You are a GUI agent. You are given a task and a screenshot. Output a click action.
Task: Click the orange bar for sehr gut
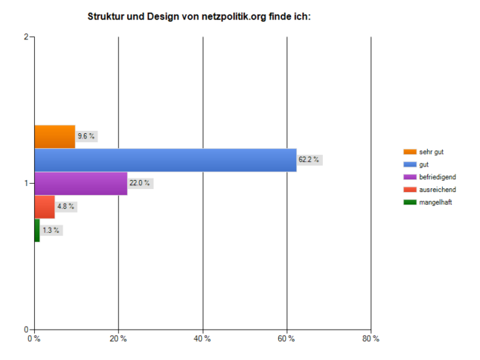point(54,137)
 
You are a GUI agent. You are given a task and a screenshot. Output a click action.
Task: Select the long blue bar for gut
point(164,160)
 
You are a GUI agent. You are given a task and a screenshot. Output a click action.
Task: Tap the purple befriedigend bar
point(80,183)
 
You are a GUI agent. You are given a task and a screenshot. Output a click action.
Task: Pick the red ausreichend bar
point(44,207)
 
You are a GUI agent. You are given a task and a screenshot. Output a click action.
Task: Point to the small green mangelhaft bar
point(36,230)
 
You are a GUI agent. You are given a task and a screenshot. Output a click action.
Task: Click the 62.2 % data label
point(309,159)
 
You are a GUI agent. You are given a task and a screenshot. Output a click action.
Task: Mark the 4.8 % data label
point(66,206)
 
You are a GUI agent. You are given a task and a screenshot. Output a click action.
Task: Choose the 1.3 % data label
point(51,230)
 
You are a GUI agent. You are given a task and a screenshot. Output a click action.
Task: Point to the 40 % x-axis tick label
point(202,339)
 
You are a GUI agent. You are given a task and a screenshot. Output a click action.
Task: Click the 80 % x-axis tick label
point(371,339)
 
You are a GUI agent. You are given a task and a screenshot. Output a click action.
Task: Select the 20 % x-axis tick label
point(118,339)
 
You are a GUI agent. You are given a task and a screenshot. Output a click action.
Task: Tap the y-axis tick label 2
point(26,37)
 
